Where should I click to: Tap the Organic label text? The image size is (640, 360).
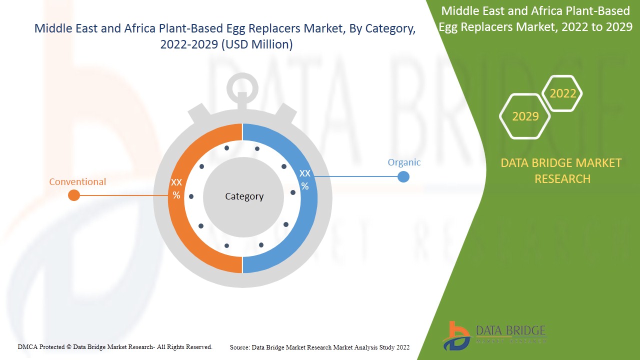(404, 162)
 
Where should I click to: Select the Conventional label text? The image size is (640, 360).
(77, 182)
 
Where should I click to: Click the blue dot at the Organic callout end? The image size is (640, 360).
(403, 176)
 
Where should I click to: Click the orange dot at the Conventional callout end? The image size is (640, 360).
(74, 195)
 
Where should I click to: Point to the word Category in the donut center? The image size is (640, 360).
(244, 196)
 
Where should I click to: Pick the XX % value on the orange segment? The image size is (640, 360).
(176, 188)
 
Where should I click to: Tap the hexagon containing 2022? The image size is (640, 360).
(562, 93)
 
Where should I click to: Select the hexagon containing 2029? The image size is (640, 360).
(525, 116)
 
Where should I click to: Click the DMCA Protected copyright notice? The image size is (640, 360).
(115, 347)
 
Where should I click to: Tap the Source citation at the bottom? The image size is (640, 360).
(319, 347)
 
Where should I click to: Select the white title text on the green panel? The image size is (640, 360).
(535, 18)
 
